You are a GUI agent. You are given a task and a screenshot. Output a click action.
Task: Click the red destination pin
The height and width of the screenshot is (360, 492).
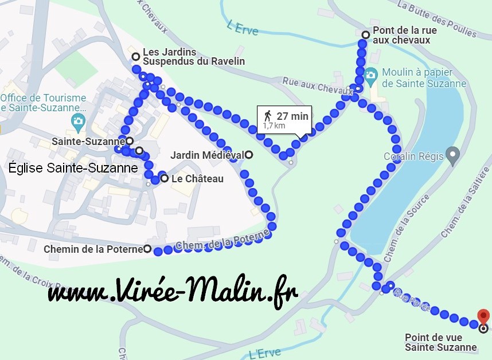click(483, 316)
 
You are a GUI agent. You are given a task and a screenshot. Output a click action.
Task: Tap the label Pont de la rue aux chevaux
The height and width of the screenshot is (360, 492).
click(401, 36)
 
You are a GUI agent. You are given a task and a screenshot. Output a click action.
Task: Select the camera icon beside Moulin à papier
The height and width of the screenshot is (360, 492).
click(370, 74)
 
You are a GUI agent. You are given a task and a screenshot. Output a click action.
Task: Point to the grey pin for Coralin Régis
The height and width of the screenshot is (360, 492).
click(453, 154)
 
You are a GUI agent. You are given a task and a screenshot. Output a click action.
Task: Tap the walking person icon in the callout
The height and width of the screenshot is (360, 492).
click(267, 115)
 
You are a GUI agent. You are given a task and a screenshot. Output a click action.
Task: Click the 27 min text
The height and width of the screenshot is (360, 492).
click(292, 116)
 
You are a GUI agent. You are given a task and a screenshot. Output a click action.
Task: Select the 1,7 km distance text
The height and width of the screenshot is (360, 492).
click(274, 126)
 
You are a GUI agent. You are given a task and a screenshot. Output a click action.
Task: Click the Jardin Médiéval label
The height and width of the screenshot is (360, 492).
click(207, 155)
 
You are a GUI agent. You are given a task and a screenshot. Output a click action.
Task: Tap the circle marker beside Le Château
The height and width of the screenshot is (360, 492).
click(165, 179)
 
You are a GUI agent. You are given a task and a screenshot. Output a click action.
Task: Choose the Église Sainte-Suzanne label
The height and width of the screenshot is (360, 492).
click(73, 168)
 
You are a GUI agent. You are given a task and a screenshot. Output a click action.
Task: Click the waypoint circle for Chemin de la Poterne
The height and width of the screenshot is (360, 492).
click(147, 249)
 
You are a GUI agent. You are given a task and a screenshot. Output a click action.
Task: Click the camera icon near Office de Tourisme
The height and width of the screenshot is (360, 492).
click(77, 120)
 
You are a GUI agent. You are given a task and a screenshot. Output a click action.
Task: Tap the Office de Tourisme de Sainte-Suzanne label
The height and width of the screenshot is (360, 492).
click(43, 103)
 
